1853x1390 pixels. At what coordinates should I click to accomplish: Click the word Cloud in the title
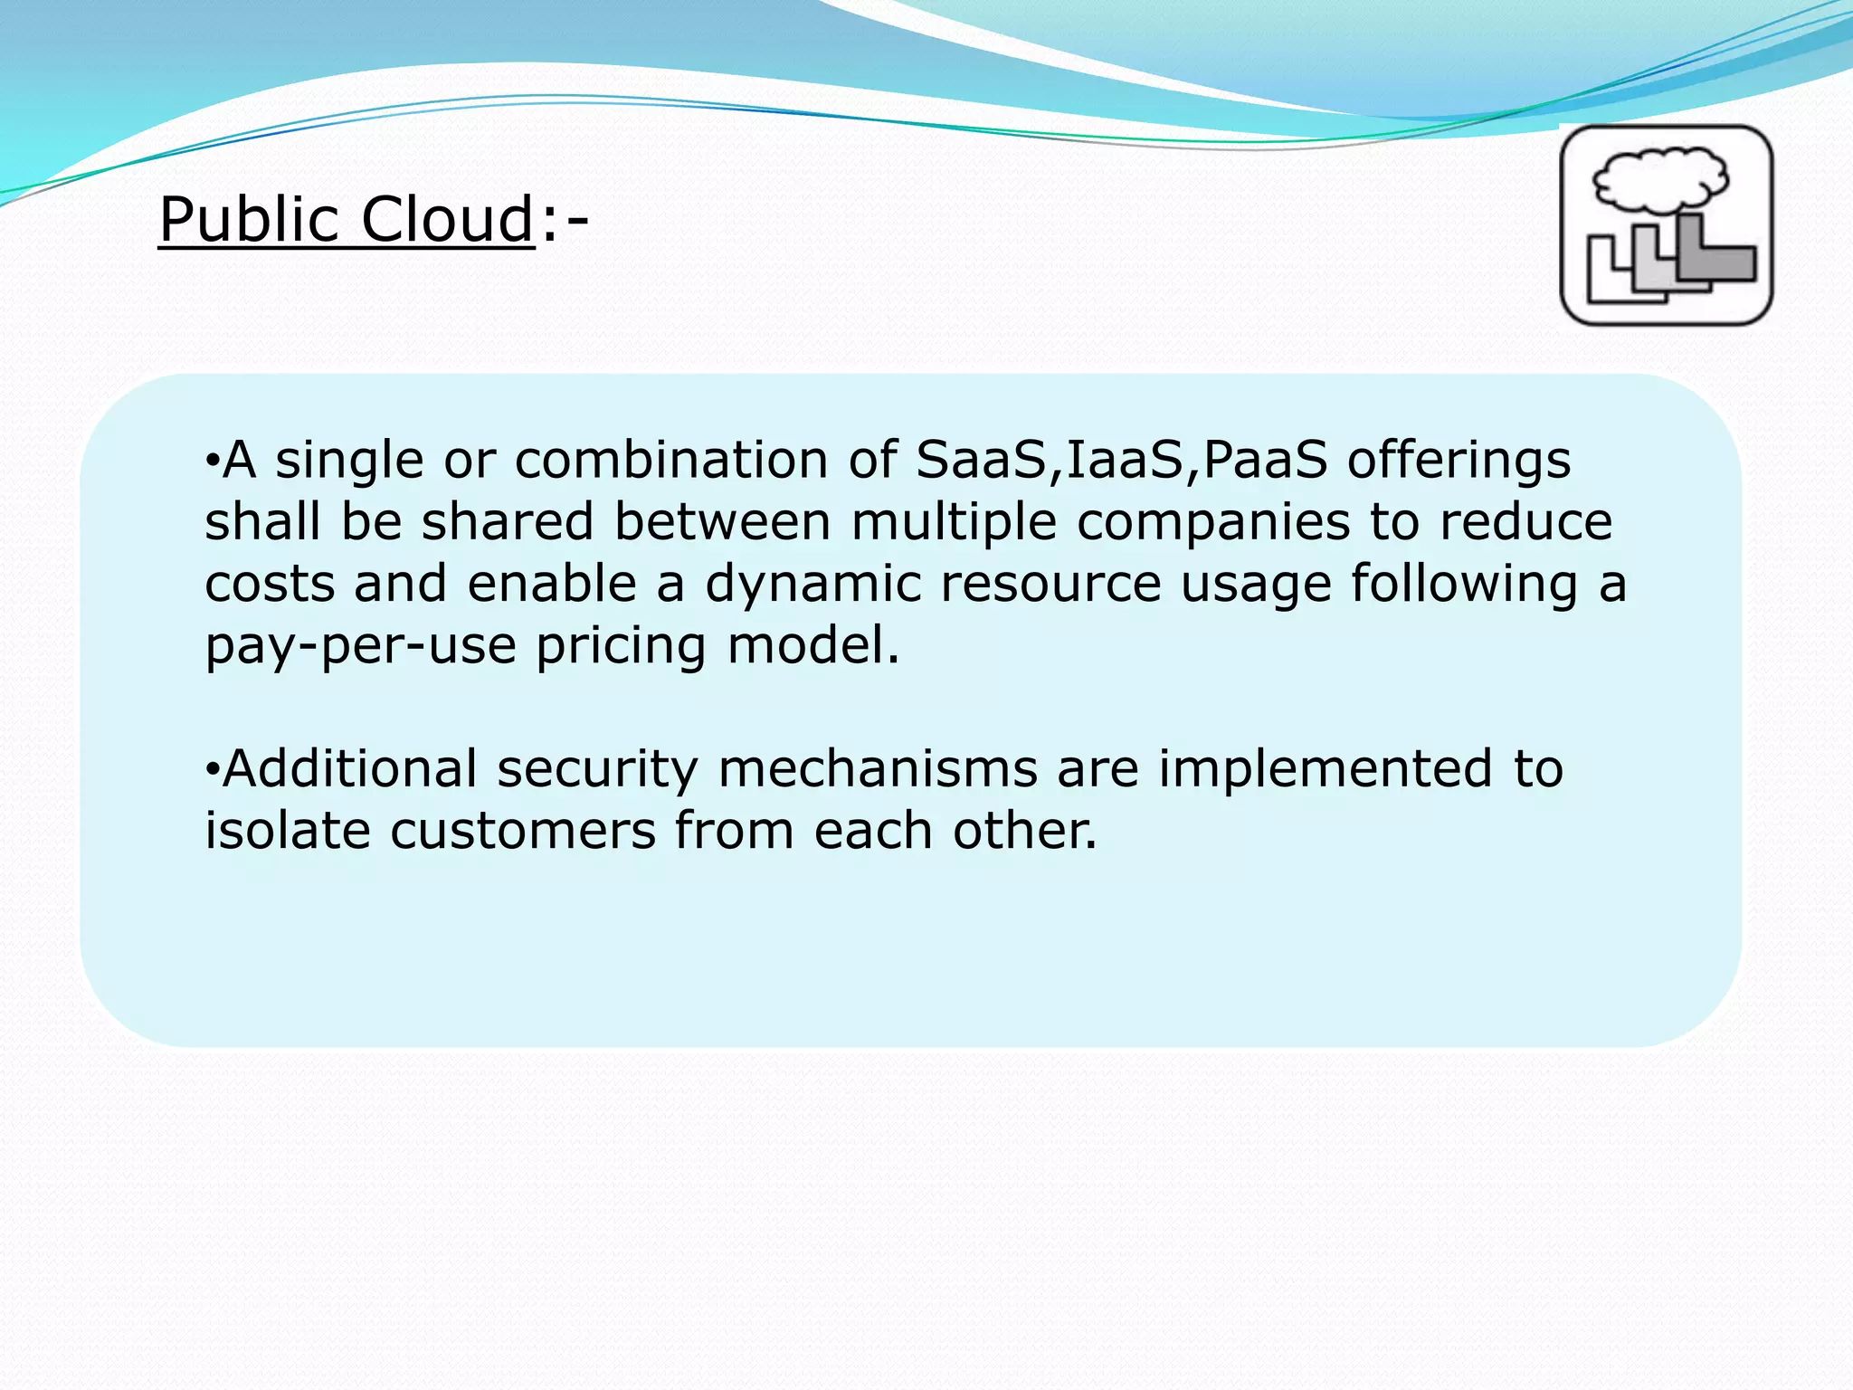[x=447, y=220]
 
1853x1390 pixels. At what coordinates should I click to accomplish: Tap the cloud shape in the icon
[x=1660, y=178]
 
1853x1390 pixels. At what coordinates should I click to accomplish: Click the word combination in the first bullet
[x=670, y=460]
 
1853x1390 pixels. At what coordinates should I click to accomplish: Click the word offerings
[x=1459, y=460]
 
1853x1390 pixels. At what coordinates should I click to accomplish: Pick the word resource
[x=1050, y=584]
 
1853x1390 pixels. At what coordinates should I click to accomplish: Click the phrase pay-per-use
[x=360, y=646]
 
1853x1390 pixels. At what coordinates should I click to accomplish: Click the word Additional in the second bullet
[x=349, y=769]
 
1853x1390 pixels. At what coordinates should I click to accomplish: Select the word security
[x=597, y=769]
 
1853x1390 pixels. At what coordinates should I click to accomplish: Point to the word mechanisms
[x=878, y=769]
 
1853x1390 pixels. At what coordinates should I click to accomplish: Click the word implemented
[x=1325, y=769]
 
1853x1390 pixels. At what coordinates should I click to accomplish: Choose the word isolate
[x=288, y=831]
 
